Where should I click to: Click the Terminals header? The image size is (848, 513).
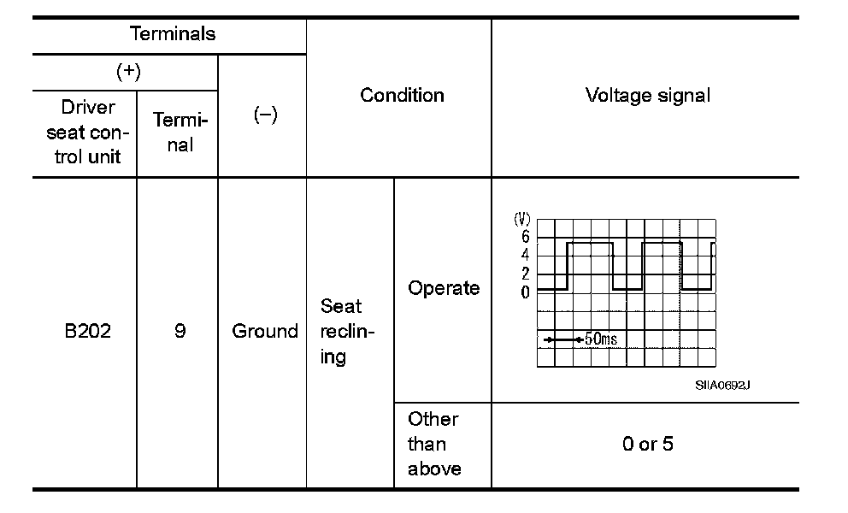[x=173, y=34]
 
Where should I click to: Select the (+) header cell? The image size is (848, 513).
[x=127, y=72]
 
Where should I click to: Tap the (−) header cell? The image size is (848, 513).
[x=266, y=116]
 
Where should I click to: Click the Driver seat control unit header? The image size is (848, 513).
[x=87, y=133]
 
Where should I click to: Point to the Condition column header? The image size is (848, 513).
[x=402, y=95]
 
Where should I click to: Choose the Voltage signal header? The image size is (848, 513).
[x=647, y=95]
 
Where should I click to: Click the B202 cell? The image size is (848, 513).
[x=87, y=331]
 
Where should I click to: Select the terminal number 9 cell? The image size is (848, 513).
[x=180, y=331]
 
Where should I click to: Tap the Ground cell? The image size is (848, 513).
[x=265, y=331]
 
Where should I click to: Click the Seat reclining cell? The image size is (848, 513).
[x=342, y=331]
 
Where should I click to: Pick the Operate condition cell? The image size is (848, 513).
[x=444, y=288]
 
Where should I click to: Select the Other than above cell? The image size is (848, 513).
[x=434, y=444]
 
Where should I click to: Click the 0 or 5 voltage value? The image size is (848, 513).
[x=647, y=445]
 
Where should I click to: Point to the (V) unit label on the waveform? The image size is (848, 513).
[x=521, y=220]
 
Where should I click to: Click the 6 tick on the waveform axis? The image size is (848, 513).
[x=525, y=237]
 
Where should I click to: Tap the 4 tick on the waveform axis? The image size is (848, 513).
[x=525, y=255]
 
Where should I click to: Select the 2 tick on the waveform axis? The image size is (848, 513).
[x=525, y=274]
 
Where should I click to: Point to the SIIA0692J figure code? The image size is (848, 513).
[x=722, y=385]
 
